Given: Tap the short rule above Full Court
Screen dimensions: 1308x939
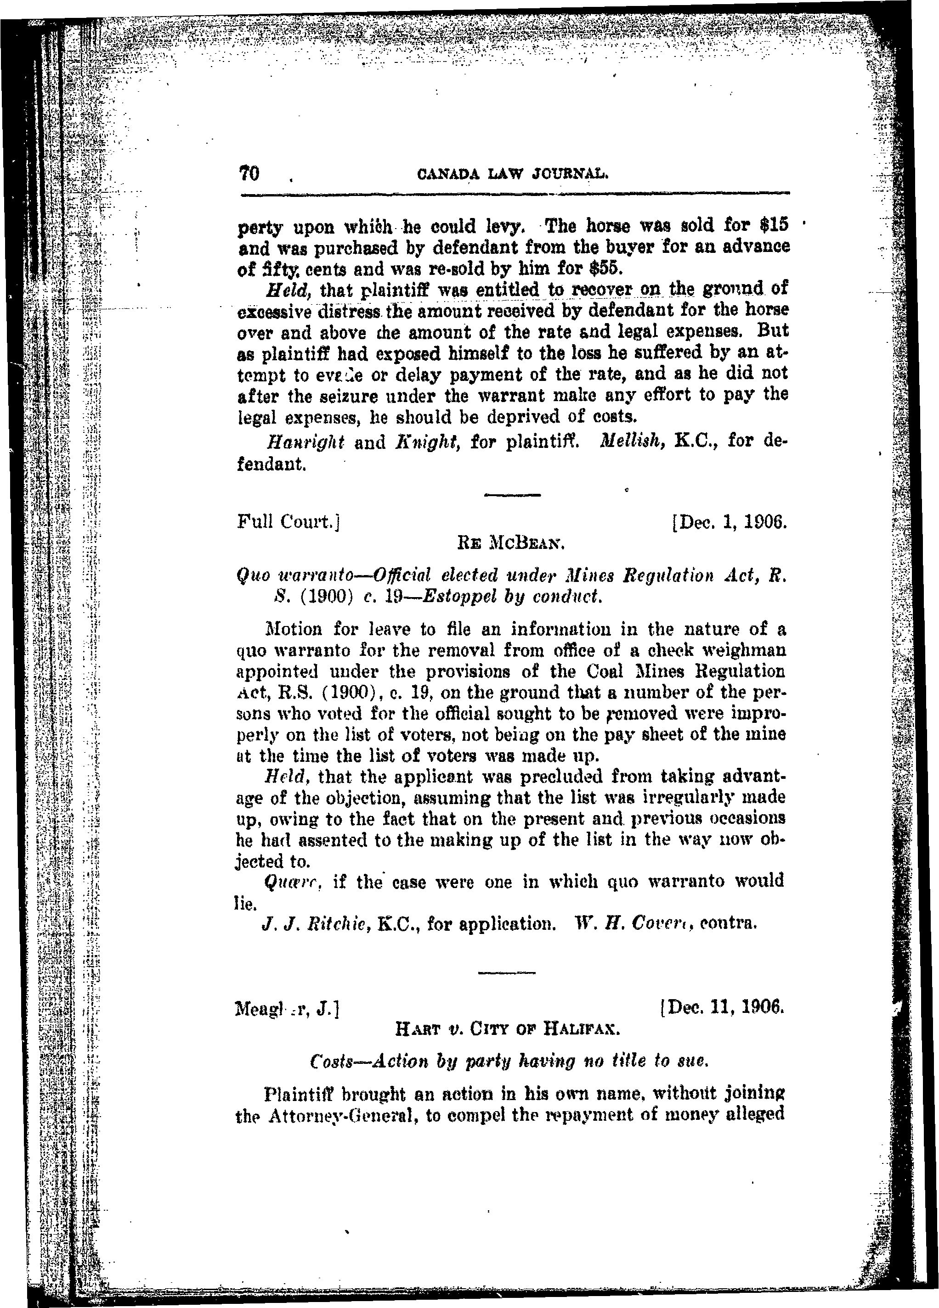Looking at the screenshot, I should [x=512, y=494].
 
